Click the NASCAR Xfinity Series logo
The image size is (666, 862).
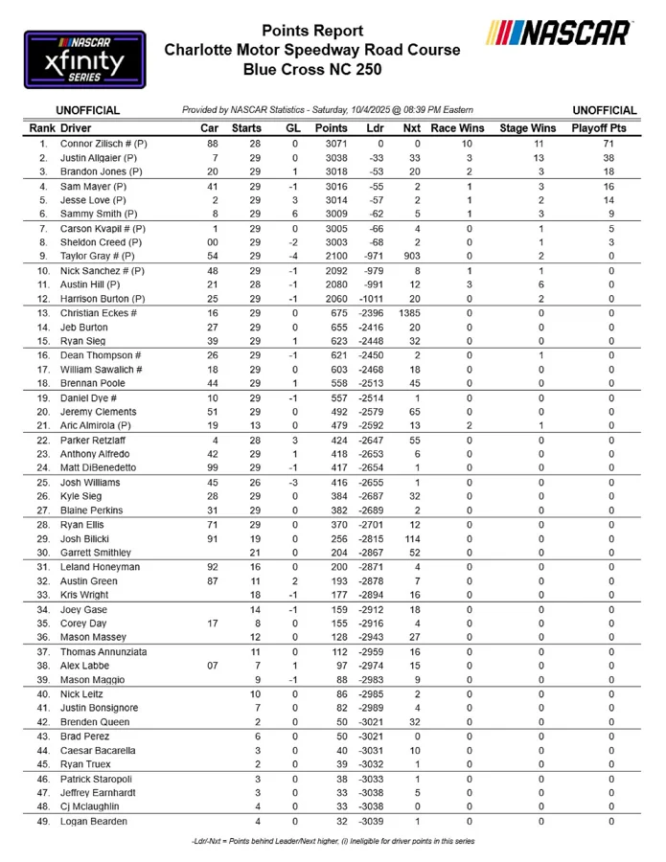tap(84, 59)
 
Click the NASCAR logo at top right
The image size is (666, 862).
tap(558, 34)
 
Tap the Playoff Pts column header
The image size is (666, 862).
tap(598, 127)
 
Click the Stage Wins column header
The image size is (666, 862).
tap(528, 127)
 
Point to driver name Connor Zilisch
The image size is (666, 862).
tap(103, 143)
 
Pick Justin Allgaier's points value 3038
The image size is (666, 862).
tap(331, 157)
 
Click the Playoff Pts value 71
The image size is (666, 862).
tap(609, 143)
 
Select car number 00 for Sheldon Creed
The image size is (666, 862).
tap(215, 243)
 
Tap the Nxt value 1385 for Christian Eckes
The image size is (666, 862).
tap(411, 313)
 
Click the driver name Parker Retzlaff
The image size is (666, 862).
tap(94, 440)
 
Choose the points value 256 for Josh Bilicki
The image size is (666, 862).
tap(331, 538)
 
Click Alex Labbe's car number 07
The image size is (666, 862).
tap(215, 665)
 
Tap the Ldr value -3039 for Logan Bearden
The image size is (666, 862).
tap(369, 821)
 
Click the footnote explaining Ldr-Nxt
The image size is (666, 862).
tap(333, 842)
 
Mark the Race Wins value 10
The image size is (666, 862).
tap(469, 143)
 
